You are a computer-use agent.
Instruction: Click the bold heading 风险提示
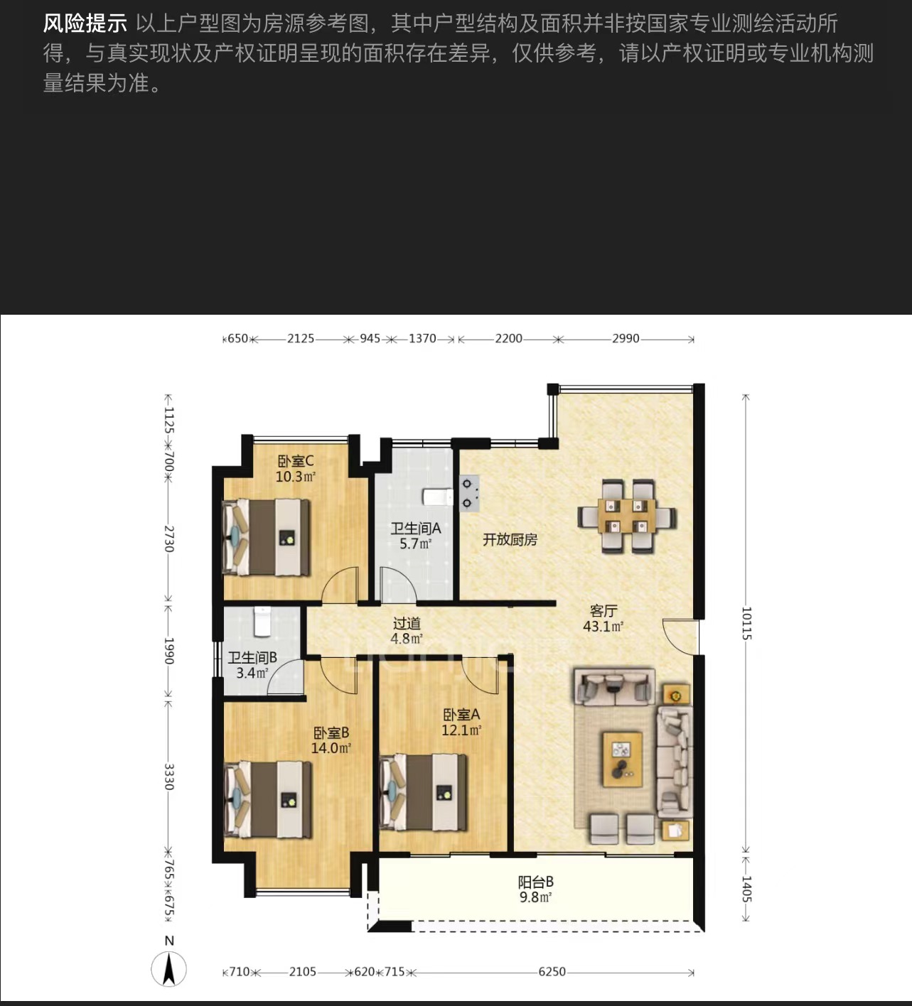point(85,23)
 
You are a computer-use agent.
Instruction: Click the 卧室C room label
point(296,461)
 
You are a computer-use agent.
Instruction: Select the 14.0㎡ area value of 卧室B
point(331,748)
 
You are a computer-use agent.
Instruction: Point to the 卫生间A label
point(416,529)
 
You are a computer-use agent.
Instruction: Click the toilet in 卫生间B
point(262,622)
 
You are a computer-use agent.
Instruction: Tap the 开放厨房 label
point(510,539)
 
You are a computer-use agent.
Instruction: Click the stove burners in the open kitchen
point(468,494)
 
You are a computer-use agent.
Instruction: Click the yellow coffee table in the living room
point(622,759)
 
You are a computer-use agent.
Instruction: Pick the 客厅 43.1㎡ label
point(603,619)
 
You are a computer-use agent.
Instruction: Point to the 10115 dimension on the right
point(746,623)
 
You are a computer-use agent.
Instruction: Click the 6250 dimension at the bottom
point(552,971)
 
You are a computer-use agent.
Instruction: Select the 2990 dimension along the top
point(626,338)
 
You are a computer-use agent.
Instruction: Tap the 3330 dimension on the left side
point(168,777)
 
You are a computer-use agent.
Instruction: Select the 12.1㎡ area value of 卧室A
point(461,730)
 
